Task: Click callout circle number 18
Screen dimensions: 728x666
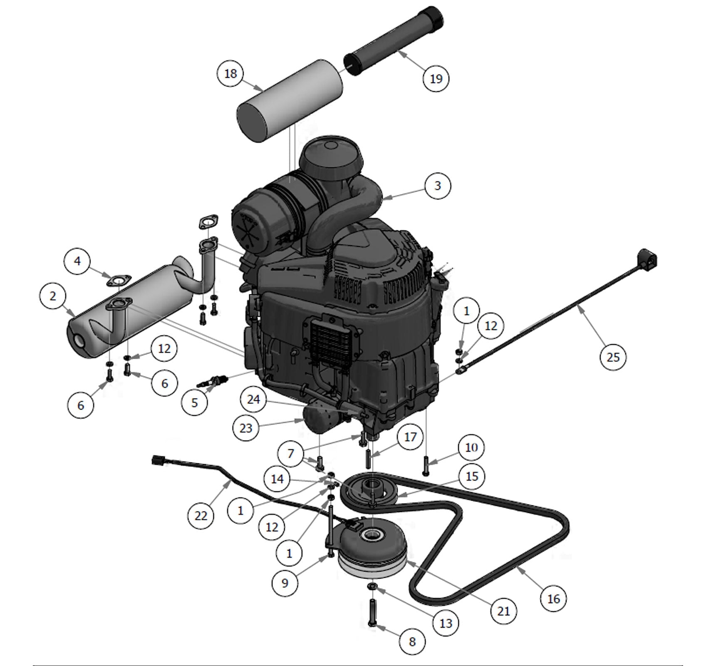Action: coord(230,74)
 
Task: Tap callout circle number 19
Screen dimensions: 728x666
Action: coord(436,78)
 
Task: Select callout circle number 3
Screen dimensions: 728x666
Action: coord(438,186)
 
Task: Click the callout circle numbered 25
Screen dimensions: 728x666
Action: coord(613,357)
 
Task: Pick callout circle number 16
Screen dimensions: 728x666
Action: coord(554,599)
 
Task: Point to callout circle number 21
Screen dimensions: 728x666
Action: coord(504,611)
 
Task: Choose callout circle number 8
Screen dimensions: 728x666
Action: coord(412,641)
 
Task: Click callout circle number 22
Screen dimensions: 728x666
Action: coord(201,516)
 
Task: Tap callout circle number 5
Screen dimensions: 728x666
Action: coord(195,403)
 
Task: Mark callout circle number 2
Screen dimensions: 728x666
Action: coord(52,296)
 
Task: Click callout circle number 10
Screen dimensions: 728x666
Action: coord(472,447)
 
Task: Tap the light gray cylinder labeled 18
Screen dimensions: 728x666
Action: coord(290,100)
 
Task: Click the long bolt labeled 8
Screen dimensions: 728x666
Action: coord(372,612)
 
